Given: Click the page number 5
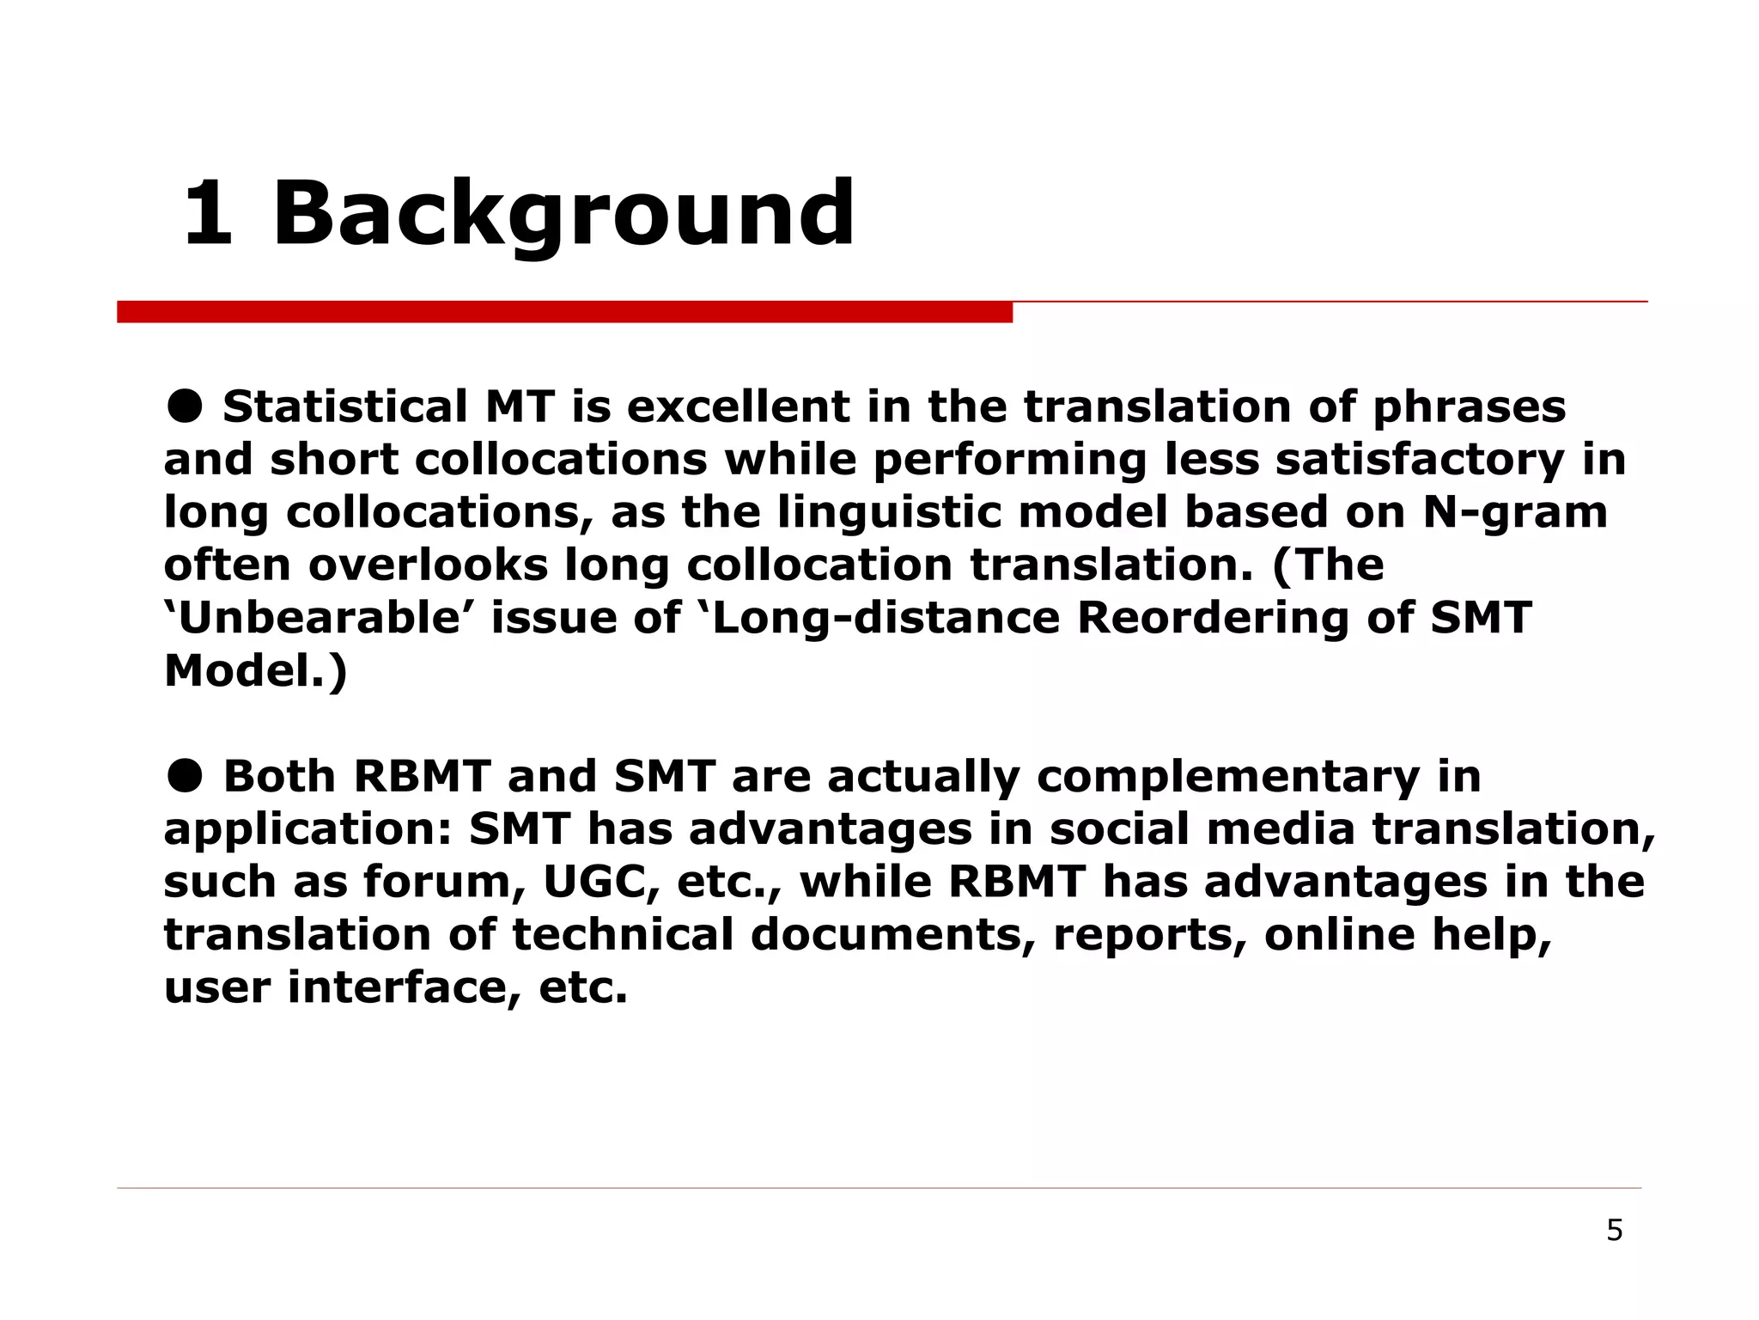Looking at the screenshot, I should coord(1614,1231).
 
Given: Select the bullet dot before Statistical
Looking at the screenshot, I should coord(184,406).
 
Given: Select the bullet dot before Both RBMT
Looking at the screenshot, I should coord(184,776).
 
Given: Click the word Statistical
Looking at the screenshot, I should coord(344,406).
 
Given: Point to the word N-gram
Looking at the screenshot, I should coord(1515,512).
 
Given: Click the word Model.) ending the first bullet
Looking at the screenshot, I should coord(255,671).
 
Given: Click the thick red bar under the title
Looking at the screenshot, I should coord(564,312).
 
